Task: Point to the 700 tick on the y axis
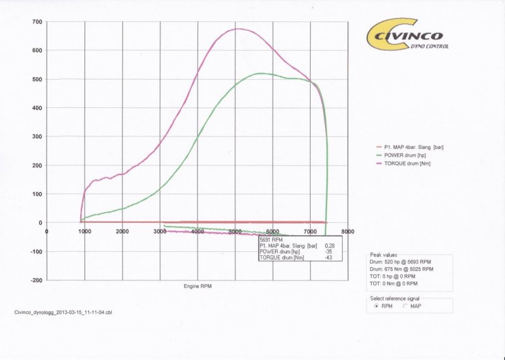click(x=39, y=23)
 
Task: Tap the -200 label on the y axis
click(x=37, y=280)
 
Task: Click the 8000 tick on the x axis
click(x=347, y=232)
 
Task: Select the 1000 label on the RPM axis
click(x=85, y=232)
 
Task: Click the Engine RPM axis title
click(x=198, y=286)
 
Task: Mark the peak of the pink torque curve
click(x=239, y=28)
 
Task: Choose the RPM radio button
click(x=377, y=306)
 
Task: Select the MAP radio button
click(x=405, y=306)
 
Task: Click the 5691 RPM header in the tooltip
click(x=270, y=239)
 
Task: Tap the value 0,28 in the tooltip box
click(x=329, y=245)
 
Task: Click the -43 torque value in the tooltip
click(x=329, y=257)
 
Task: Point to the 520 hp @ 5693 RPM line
click(x=401, y=261)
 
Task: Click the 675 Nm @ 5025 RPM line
click(x=401, y=269)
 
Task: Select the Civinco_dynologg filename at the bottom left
click(x=63, y=312)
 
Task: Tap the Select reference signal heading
click(x=394, y=298)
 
